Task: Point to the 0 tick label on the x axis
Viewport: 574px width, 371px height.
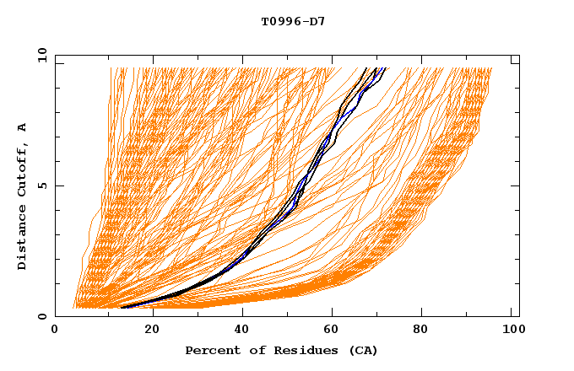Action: tap(55, 331)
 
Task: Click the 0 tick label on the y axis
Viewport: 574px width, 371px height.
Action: tap(42, 316)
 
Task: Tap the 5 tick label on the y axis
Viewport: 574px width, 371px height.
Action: tap(42, 185)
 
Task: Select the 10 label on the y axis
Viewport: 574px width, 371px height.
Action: tap(40, 55)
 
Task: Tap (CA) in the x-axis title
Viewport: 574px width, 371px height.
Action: tap(363, 350)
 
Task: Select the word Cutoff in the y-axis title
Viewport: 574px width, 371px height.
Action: tap(22, 169)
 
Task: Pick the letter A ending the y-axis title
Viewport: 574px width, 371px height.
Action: tap(22, 127)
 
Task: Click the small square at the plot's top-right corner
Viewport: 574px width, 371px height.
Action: tap(515, 60)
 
